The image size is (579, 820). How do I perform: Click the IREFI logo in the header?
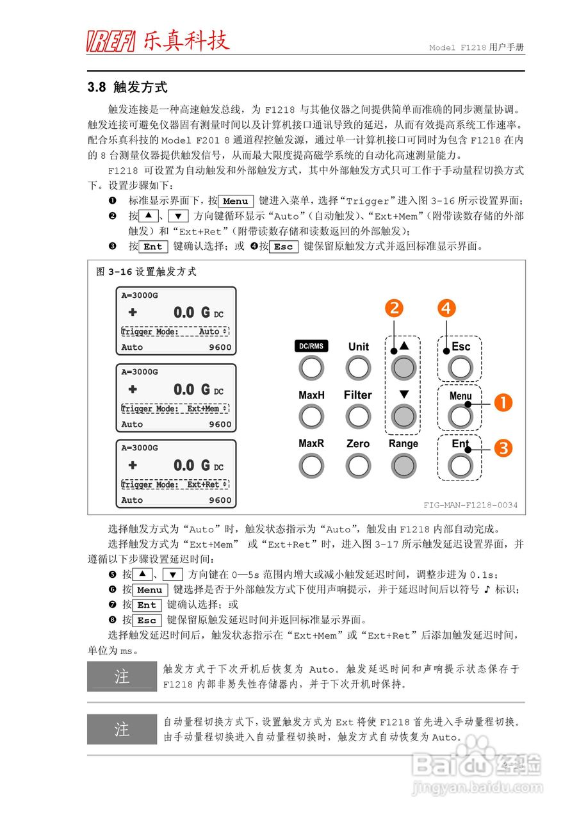[x=111, y=42]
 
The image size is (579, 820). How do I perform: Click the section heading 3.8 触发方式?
[x=127, y=87]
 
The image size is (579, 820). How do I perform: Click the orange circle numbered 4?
[x=446, y=308]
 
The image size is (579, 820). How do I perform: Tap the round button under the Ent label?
[x=461, y=465]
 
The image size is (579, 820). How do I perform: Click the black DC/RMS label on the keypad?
[x=311, y=347]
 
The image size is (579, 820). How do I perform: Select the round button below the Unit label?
[x=358, y=368]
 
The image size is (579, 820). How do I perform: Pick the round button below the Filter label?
[x=358, y=416]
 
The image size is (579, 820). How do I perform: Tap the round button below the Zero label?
[x=358, y=465]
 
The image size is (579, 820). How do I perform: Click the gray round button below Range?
[x=403, y=465]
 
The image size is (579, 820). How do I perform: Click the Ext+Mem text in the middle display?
[x=203, y=409]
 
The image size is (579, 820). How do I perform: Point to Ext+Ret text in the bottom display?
[x=203, y=485]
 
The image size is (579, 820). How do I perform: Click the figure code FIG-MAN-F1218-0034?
[x=470, y=505]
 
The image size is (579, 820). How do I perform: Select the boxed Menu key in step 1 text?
[x=235, y=201]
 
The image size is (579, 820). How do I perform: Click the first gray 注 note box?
[x=122, y=676]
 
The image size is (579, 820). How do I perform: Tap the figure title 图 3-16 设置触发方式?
[x=146, y=272]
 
